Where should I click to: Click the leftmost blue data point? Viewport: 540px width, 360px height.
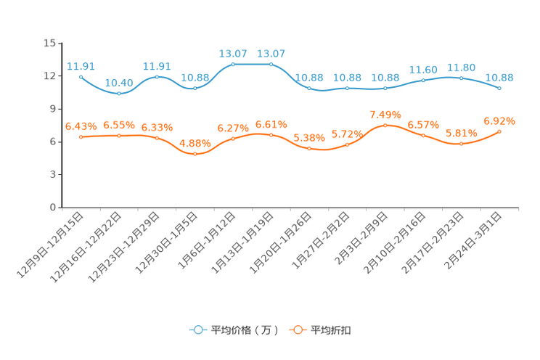pyautogui.click(x=81, y=76)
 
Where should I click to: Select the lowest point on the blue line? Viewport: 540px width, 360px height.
pyautogui.click(x=119, y=94)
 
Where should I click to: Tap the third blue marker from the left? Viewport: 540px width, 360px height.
pyautogui.click(x=157, y=76)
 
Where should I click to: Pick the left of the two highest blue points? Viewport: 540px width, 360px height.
pyautogui.click(x=233, y=64)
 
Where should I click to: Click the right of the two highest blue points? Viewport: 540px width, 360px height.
pyautogui.click(x=271, y=64)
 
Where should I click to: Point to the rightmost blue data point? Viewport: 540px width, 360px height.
pyautogui.click(x=499, y=88)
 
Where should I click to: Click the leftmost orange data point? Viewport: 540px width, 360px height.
pyautogui.click(x=81, y=136)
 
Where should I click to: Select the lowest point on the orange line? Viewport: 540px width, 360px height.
pyautogui.click(x=195, y=155)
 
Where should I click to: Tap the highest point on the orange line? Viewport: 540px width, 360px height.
pyautogui.click(x=385, y=125)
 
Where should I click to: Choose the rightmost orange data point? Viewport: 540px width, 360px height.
pyautogui.click(x=499, y=131)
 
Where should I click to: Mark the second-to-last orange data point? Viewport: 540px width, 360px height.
pyautogui.click(x=461, y=144)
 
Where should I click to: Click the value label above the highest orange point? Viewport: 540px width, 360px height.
pyautogui.click(x=385, y=115)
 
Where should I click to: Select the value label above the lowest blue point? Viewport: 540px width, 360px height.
pyautogui.click(x=118, y=83)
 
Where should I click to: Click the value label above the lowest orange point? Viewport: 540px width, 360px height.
pyautogui.click(x=194, y=143)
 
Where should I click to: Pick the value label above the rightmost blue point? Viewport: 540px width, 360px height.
pyautogui.click(x=499, y=77)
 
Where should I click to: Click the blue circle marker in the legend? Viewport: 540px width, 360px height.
pyautogui.click(x=197, y=330)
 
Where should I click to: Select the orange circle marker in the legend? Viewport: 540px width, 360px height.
pyautogui.click(x=297, y=330)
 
